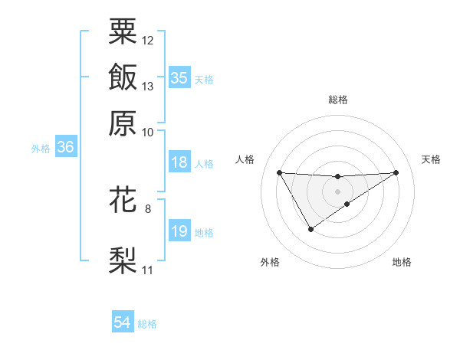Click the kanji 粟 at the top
click(123, 31)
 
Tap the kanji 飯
click(123, 77)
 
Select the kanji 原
click(123, 123)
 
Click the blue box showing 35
click(179, 78)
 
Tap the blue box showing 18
click(179, 163)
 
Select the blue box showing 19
click(179, 232)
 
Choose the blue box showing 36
click(65, 148)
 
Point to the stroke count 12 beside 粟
click(148, 40)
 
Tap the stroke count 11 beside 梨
click(148, 270)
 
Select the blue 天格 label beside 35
click(204, 80)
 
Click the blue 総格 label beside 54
click(147, 324)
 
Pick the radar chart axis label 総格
click(338, 100)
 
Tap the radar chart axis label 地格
click(402, 263)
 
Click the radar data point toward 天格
click(396, 172)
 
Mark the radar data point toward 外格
click(310, 229)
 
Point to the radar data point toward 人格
click(279, 172)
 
